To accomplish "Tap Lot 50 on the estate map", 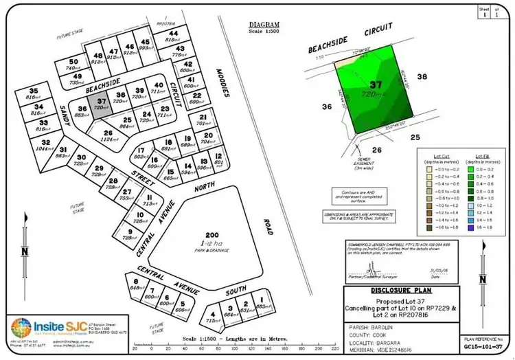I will (x=73, y=65).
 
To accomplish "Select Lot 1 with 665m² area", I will (x=261, y=304).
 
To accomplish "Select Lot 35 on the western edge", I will (x=33, y=94).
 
